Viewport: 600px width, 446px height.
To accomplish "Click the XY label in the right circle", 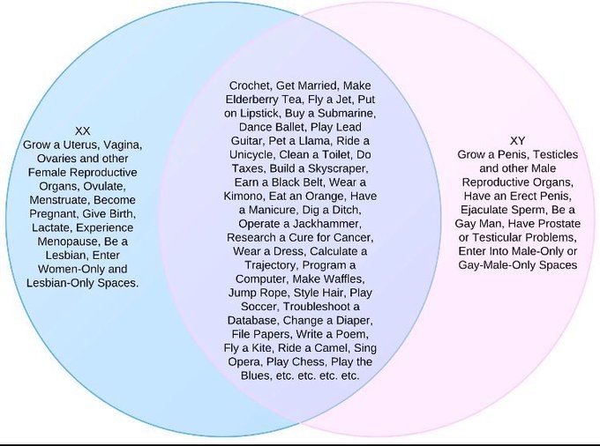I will (518, 140).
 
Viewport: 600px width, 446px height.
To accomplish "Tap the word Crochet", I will (250, 85).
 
